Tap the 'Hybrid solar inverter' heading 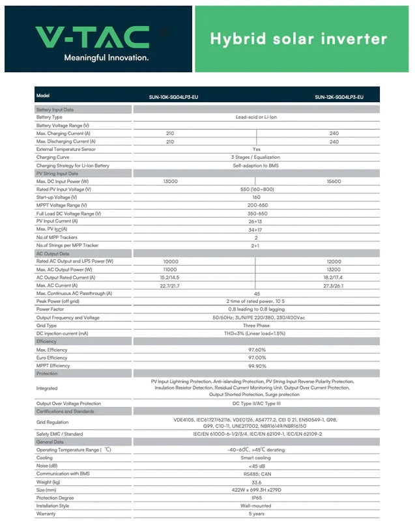click(298, 38)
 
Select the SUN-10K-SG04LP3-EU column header click(169, 97)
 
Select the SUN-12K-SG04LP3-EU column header click(339, 97)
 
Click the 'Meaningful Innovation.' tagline click(106, 58)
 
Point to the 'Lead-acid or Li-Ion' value click(256, 117)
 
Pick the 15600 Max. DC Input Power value click(334, 181)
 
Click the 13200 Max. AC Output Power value click(334, 269)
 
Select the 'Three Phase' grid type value click(256, 325)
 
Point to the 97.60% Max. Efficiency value click(256, 350)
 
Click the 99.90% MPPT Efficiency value click(256, 365)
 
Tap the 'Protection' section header click(47, 374)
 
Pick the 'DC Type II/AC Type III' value click(256, 404)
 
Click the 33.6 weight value click(256, 481)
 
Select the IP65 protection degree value click(256, 498)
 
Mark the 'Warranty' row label click(46, 513)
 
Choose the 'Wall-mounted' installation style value click(256, 505)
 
